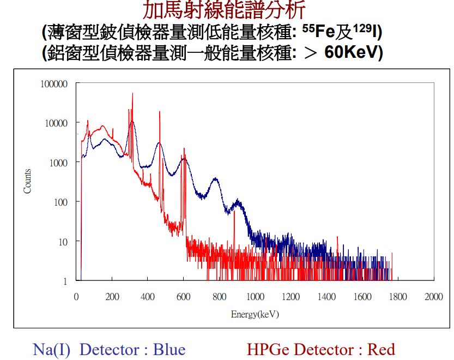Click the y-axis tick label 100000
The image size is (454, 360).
tap(53, 84)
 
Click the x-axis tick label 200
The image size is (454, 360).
tap(112, 296)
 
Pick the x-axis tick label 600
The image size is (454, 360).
tap(184, 296)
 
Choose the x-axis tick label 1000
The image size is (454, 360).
tap(255, 296)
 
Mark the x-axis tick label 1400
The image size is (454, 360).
tap(326, 296)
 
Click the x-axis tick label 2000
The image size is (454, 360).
tap(434, 296)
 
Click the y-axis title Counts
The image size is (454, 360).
tap(27, 181)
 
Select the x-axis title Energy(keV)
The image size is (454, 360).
tap(255, 315)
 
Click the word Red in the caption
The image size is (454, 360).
tap(381, 349)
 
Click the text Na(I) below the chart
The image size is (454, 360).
tap(52, 349)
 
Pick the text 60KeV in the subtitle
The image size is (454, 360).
tap(353, 53)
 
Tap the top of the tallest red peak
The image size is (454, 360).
tap(132, 93)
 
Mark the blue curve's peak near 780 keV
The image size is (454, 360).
tap(215, 178)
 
